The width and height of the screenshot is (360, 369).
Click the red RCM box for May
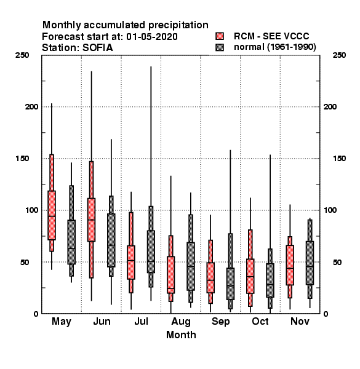coord(52,215)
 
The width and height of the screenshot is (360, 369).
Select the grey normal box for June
coord(111,240)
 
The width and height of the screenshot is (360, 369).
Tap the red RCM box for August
coord(170,275)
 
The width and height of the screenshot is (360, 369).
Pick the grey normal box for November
coord(310,263)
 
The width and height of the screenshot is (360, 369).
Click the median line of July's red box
coord(131,261)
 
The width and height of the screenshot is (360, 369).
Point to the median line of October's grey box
coord(270,285)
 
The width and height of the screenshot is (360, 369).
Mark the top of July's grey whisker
coord(151,67)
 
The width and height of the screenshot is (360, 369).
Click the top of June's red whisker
coord(91,71)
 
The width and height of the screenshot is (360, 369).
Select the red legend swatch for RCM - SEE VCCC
coord(220,36)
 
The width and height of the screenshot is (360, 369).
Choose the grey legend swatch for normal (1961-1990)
coord(220,47)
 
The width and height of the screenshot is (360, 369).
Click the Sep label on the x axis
coord(220,322)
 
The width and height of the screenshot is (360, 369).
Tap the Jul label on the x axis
coord(142,321)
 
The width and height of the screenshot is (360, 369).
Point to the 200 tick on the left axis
coord(31,107)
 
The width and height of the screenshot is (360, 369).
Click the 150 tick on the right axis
coord(339,159)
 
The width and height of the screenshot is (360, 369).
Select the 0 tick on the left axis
coord(36,314)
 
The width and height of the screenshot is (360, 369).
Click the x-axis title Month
coord(181,335)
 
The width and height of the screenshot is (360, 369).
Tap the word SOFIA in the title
coord(98,48)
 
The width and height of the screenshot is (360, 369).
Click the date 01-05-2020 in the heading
coord(152,37)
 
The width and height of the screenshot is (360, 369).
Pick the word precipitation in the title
coord(178,25)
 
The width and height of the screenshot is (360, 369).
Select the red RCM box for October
coord(250,276)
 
